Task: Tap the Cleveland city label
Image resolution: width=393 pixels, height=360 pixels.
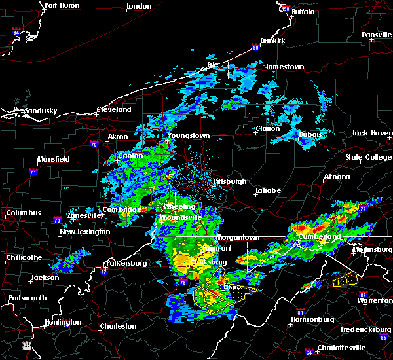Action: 113,110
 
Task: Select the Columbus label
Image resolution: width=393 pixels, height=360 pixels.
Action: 24,213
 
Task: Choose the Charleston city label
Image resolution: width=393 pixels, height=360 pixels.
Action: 118,326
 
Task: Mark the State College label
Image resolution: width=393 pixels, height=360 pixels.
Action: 367,158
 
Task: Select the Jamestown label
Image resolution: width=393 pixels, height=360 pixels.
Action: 284,67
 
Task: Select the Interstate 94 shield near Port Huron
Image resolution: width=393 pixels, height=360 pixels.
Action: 16,31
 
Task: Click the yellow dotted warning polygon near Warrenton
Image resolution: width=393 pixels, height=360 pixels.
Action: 345,280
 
